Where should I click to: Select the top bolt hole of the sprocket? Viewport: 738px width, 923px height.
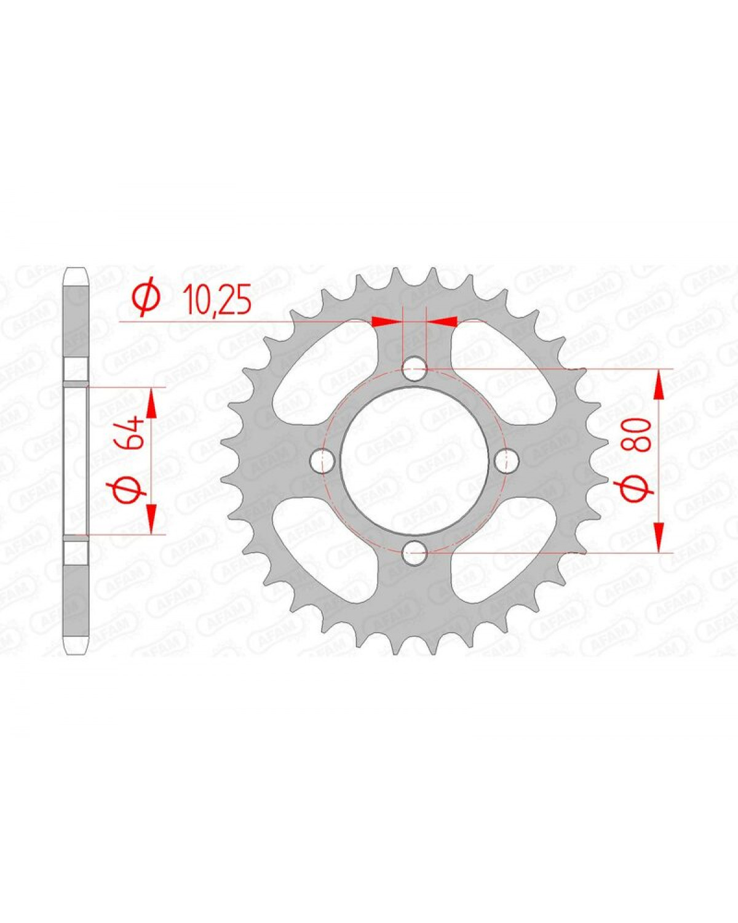click(x=415, y=369)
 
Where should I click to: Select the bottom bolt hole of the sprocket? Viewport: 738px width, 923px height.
click(x=415, y=553)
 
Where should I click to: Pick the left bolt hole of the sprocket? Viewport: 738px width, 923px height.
click(x=322, y=461)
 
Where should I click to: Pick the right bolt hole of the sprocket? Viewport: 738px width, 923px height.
click(x=507, y=461)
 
